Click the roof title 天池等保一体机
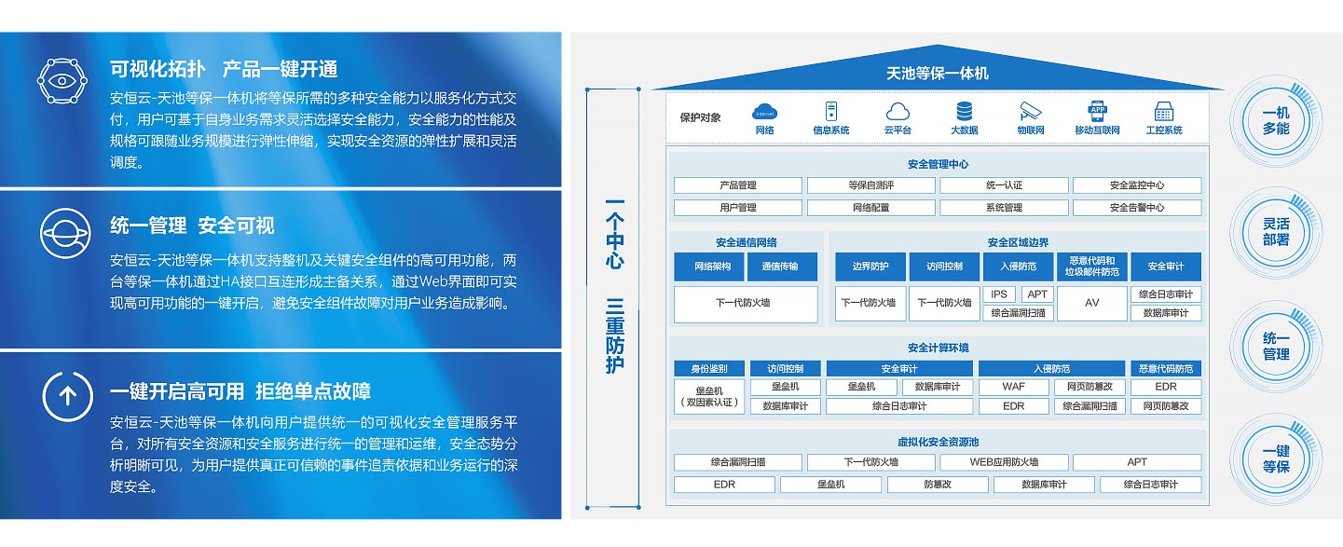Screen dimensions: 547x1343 (x=937, y=73)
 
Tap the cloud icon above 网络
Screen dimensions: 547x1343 (x=764, y=112)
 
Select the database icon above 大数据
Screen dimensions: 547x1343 (x=964, y=111)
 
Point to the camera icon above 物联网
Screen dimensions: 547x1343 (x=1029, y=111)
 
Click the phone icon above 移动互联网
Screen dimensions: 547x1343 (x=1097, y=111)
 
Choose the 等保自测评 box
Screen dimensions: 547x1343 (x=870, y=185)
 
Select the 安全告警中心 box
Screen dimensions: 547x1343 (x=1136, y=208)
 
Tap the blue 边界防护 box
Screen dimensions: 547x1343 (x=870, y=267)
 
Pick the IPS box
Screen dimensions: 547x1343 (x=998, y=294)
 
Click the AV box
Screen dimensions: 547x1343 (x=1091, y=303)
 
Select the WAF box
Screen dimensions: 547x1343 (x=1013, y=387)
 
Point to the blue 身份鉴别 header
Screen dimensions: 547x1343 (x=702, y=368)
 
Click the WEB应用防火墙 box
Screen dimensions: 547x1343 (x=1003, y=462)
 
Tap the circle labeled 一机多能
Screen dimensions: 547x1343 (x=1276, y=120)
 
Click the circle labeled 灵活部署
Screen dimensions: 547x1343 (x=1276, y=232)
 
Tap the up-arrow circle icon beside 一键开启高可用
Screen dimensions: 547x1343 (x=67, y=397)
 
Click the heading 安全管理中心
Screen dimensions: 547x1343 (x=937, y=164)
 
